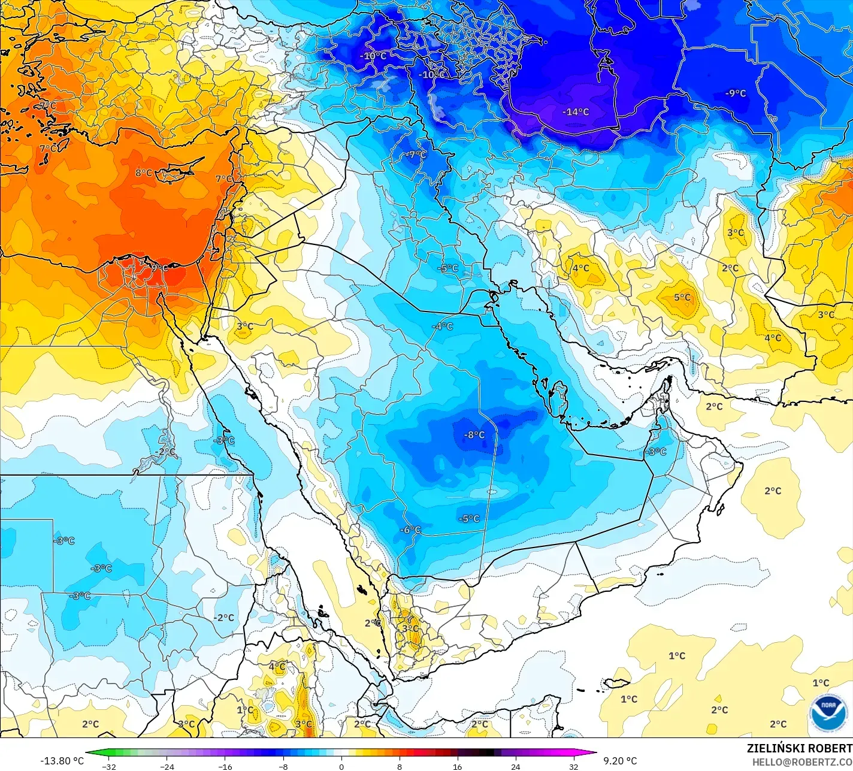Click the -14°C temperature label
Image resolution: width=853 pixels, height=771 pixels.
tap(575, 112)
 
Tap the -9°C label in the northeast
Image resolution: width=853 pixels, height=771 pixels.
tap(736, 93)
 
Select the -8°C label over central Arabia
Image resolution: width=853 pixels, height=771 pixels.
tap(474, 435)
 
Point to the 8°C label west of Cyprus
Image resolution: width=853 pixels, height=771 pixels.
tap(144, 173)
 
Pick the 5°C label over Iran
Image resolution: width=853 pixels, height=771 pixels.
tap(682, 297)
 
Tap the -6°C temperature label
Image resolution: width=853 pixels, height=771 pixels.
tap(411, 530)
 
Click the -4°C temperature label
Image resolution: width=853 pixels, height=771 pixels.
tap(443, 326)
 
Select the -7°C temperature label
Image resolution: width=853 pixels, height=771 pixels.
tap(416, 155)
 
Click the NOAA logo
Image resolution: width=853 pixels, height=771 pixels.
tap(828, 713)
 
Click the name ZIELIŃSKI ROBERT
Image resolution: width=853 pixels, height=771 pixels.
tap(799, 748)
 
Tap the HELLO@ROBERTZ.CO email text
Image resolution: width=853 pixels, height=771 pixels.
tap(802, 761)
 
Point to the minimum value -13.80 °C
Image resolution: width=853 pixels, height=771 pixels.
tap(62, 761)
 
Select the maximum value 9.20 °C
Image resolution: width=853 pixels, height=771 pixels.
tap(620, 761)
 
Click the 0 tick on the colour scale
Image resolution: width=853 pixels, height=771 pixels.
tap(341, 766)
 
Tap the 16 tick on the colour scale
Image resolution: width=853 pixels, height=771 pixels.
tap(457, 766)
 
